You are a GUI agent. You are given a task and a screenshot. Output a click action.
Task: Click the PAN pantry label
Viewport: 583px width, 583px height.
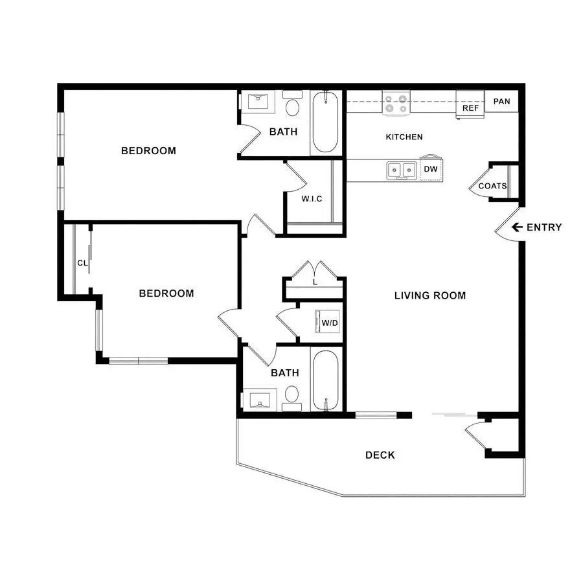pos(501,102)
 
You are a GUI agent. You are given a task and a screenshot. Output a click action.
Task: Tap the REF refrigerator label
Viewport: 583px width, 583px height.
pos(470,108)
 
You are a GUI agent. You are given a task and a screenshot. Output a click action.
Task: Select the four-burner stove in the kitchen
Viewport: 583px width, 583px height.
pos(396,104)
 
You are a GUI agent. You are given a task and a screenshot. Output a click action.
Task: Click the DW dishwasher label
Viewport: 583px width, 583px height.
pos(431,169)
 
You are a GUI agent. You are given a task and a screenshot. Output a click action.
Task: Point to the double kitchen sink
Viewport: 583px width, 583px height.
pos(402,170)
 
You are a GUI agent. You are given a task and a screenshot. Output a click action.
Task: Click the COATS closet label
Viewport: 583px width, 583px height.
pos(492,186)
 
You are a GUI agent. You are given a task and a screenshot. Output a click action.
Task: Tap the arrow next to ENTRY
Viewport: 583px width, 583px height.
pos(517,227)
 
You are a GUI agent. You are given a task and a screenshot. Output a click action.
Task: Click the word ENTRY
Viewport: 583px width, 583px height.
pos(544,227)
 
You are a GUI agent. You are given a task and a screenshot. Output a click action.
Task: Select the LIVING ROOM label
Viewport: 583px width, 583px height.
pos(430,295)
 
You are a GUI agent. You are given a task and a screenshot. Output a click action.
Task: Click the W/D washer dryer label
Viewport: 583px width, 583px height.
pos(330,323)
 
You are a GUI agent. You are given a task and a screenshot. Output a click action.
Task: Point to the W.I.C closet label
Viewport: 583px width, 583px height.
pos(312,199)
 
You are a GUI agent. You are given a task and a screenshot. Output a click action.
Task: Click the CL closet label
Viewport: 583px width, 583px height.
pos(82,263)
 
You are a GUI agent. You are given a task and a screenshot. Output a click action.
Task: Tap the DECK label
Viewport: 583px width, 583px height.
pos(380,455)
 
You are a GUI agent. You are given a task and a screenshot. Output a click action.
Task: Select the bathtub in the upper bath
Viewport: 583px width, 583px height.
pos(325,122)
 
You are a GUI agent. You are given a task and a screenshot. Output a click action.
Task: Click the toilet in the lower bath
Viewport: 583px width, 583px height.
pos(292,398)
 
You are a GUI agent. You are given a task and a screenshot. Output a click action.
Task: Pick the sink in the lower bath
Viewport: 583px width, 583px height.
pos(259,400)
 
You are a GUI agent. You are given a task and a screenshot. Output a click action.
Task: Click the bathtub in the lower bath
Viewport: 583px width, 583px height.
pos(326,380)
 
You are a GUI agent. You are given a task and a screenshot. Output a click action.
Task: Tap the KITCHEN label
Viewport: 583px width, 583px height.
pos(404,137)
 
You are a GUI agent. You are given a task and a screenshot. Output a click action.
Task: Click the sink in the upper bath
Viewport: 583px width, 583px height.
pos(258,101)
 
